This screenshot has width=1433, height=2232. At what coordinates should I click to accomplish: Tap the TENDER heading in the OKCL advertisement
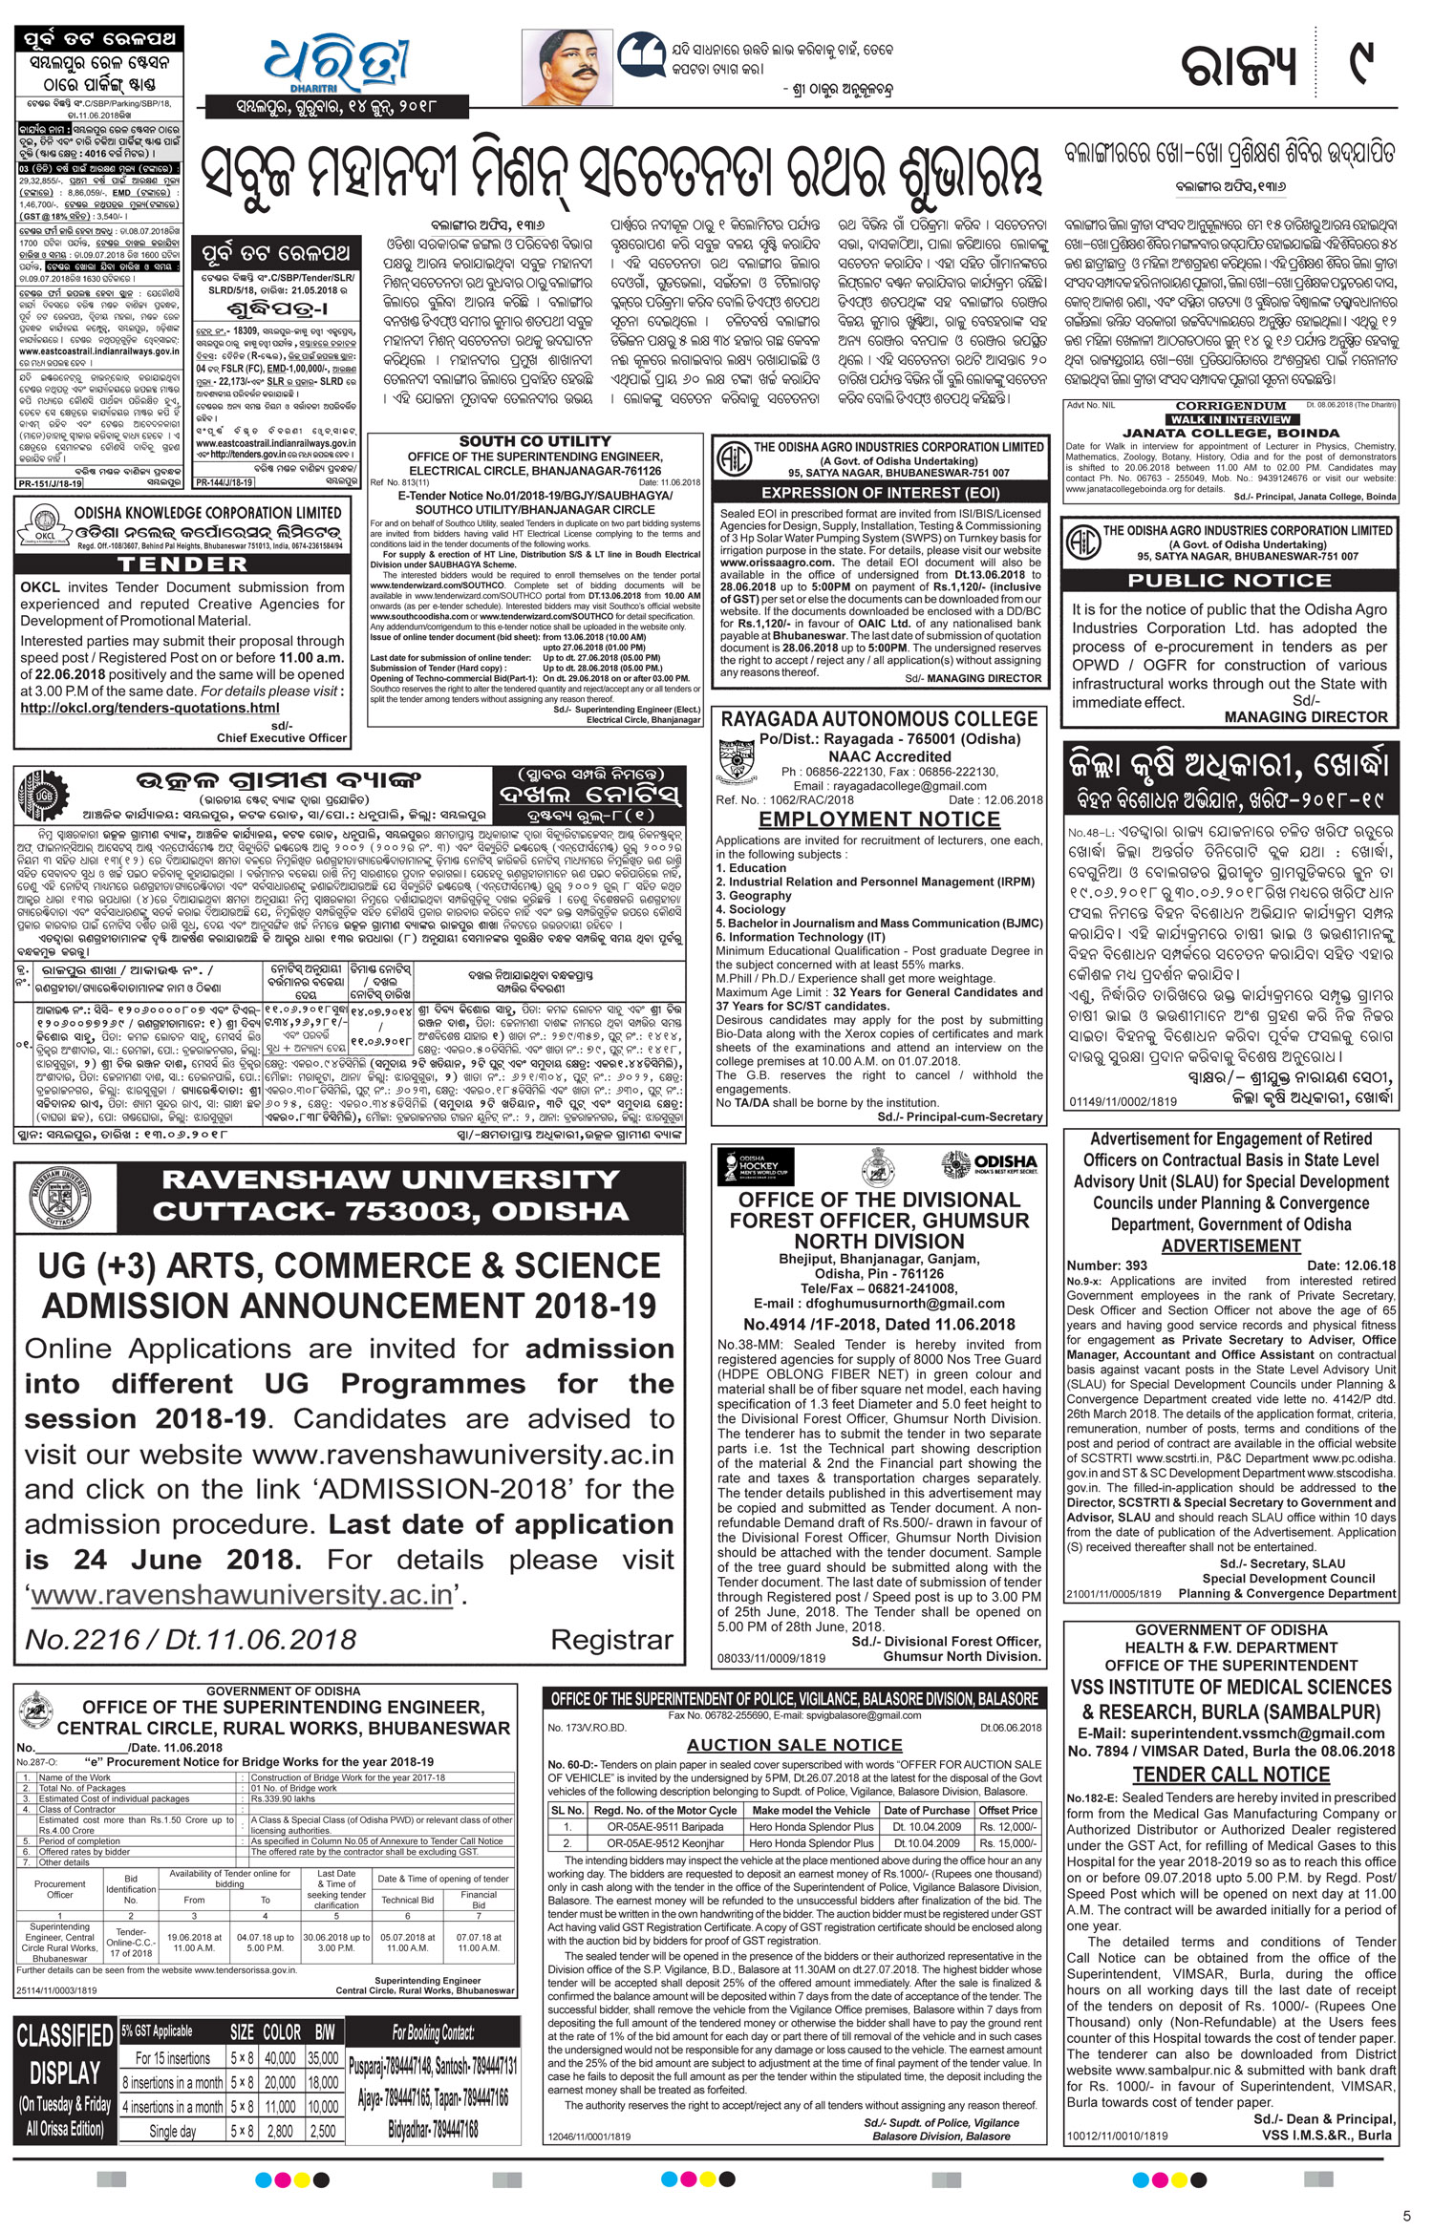coord(182,564)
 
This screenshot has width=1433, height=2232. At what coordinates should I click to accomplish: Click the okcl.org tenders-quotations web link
coord(150,708)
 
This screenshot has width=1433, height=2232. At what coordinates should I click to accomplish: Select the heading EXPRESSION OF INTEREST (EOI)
coord(881,493)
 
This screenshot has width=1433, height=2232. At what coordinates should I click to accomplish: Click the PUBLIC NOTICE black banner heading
coord(1230,580)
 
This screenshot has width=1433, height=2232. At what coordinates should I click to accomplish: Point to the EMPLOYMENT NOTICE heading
coord(879,819)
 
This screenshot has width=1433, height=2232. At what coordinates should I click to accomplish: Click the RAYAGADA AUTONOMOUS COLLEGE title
coord(879,719)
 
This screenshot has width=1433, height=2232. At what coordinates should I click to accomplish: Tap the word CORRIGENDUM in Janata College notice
coord(1230,406)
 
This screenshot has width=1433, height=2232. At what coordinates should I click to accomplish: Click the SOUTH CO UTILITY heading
coord(534,441)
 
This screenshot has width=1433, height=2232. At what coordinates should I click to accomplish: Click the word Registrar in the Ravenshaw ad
coord(611,1640)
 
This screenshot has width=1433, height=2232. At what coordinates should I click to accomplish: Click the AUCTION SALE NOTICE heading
coord(794,1745)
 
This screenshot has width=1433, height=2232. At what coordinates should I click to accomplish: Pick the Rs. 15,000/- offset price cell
coord(1007,1842)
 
